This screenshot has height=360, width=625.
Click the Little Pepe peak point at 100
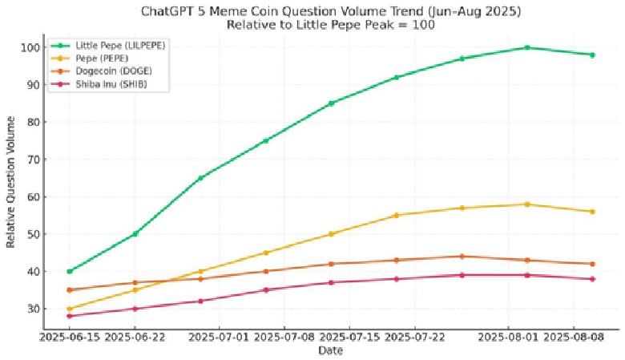[526, 47]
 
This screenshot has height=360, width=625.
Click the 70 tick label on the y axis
[32, 160]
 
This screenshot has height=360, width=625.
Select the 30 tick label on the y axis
[32, 309]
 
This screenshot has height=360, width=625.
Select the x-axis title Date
[330, 351]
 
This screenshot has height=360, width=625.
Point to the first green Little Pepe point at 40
[70, 271]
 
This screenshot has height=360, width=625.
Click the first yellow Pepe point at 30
[70, 309]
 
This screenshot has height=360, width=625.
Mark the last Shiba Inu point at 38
[592, 279]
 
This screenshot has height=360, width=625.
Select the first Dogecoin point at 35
[70, 289]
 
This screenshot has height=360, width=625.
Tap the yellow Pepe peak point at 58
[526, 204]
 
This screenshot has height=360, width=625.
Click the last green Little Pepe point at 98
[592, 55]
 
